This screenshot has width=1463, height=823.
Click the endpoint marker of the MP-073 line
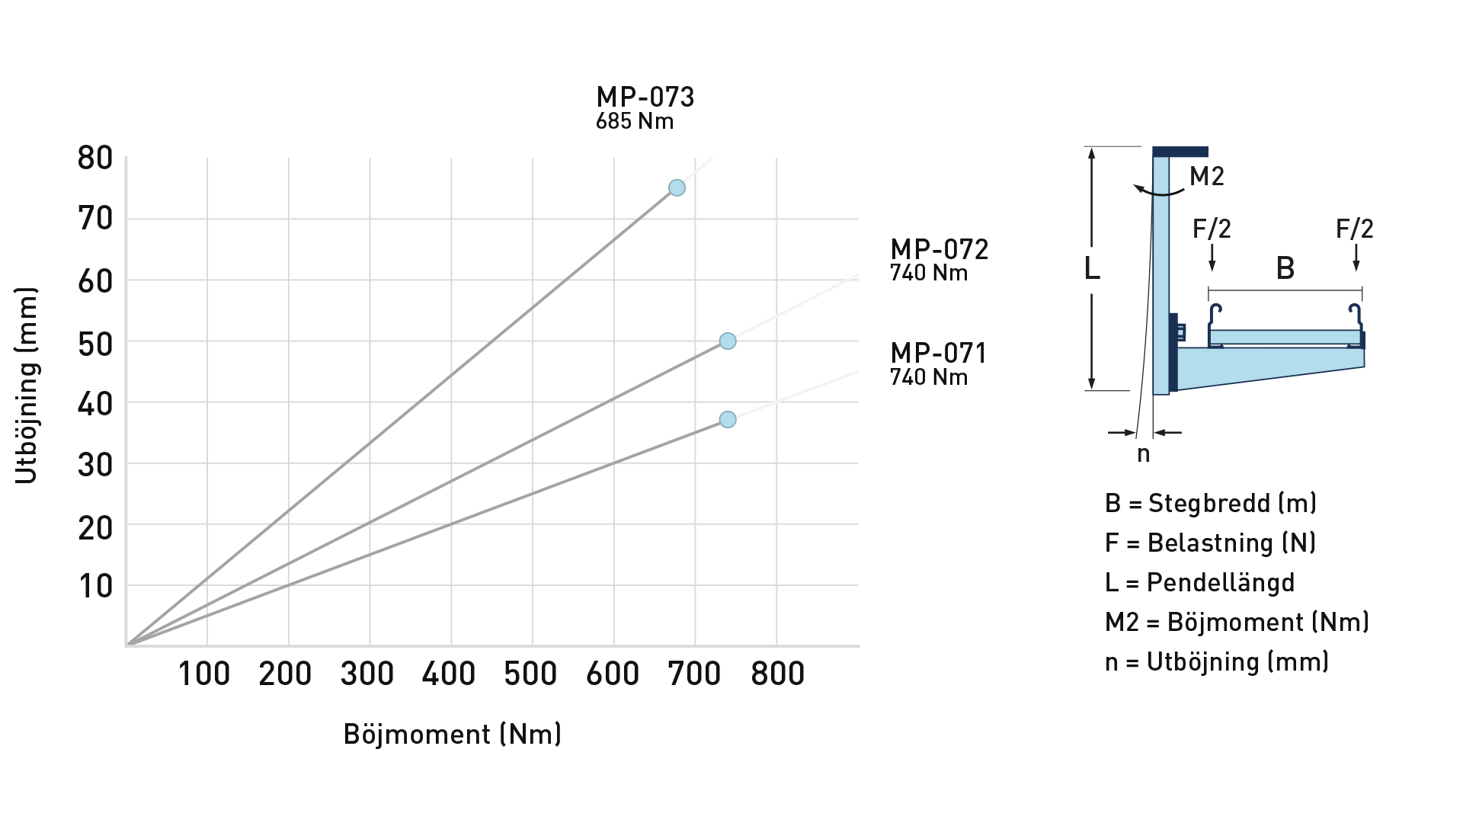pyautogui.click(x=677, y=187)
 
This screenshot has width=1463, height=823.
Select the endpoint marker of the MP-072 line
pyautogui.click(x=728, y=341)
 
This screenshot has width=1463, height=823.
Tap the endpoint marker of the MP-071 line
pyautogui.click(x=728, y=419)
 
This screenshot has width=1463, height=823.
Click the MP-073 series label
pyautogui.click(x=645, y=98)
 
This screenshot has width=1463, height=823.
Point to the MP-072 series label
pyautogui.click(x=939, y=250)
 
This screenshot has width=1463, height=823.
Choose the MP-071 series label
pyautogui.click(x=938, y=354)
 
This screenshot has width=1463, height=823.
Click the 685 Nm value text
pyautogui.click(x=635, y=122)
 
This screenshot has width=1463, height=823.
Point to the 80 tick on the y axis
pyautogui.click(x=95, y=159)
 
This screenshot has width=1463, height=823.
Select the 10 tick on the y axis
pyautogui.click(x=95, y=586)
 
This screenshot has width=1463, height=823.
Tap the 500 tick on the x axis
pyautogui.click(x=531, y=674)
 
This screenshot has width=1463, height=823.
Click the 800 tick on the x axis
pyautogui.click(x=777, y=674)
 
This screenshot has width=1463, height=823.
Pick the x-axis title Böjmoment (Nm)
pyautogui.click(x=453, y=734)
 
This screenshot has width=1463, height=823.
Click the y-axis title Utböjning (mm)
pyautogui.click(x=26, y=386)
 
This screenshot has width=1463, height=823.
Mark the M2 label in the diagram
pyautogui.click(x=1207, y=177)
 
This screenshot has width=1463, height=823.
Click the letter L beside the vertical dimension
pyautogui.click(x=1092, y=268)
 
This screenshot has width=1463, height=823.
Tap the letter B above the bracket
pyautogui.click(x=1285, y=268)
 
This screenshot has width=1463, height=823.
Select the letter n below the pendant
pyautogui.click(x=1143, y=454)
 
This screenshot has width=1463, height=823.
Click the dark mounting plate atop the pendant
pyautogui.click(x=1180, y=152)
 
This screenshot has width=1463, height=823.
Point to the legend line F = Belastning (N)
pyautogui.click(x=1210, y=543)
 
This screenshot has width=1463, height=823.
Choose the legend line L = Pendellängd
pyautogui.click(x=1199, y=582)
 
